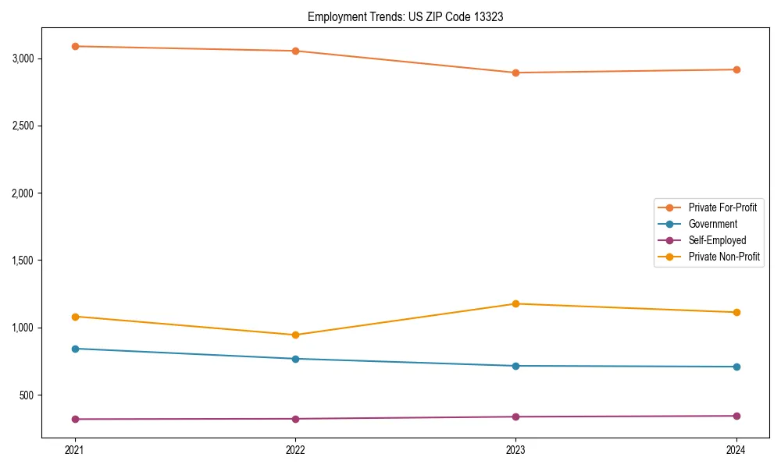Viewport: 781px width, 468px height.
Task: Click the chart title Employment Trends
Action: [x=405, y=16]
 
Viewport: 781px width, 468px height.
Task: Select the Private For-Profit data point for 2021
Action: [x=75, y=47]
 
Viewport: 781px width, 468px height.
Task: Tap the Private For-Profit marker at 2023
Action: [x=515, y=73]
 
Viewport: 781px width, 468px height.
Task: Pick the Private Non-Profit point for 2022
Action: [x=295, y=335]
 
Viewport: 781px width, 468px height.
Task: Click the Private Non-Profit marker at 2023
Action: [x=515, y=303]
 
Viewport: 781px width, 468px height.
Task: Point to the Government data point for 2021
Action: [x=75, y=349]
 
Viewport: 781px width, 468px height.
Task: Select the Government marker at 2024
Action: [x=736, y=367]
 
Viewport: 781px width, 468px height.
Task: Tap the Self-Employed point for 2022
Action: [x=295, y=419]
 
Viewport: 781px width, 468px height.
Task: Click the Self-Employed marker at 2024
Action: [x=736, y=416]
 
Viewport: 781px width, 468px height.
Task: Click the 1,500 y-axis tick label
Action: [x=23, y=261]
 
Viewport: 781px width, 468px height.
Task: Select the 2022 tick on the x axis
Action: [x=295, y=450]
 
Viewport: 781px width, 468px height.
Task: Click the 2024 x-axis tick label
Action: [x=736, y=450]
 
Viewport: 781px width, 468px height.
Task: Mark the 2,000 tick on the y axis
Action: [x=23, y=193]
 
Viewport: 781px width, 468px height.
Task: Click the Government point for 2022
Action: [x=295, y=359]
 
